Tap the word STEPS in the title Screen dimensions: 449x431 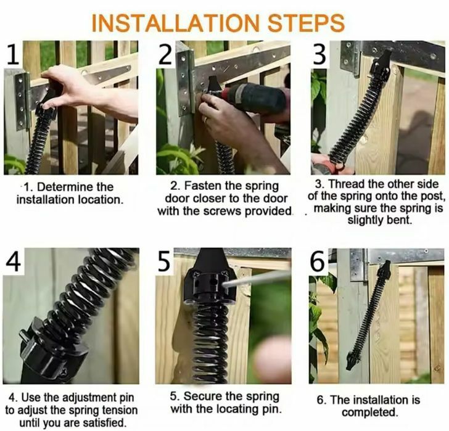(x=306, y=23)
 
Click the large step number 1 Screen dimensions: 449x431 (x=12, y=54)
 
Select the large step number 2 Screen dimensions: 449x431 (x=165, y=54)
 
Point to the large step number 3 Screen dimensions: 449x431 (x=319, y=54)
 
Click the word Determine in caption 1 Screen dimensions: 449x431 (x=75, y=187)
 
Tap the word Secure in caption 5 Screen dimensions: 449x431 (x=203, y=396)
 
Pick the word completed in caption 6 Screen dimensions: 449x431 (x=370, y=413)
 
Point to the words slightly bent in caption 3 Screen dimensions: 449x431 (x=380, y=220)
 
